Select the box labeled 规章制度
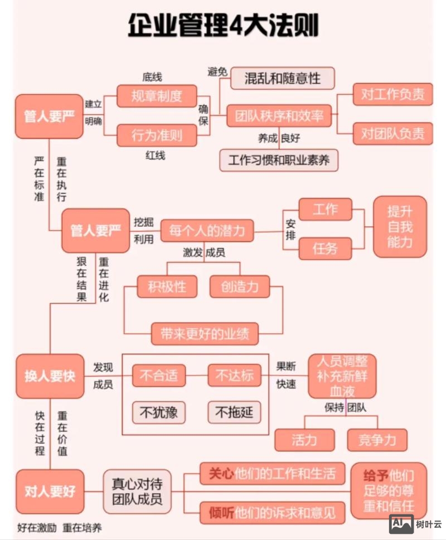pos(157,96)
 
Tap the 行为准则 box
pos(157,135)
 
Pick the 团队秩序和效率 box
pos(279,116)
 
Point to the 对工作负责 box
pos(392,94)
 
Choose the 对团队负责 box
pos(392,134)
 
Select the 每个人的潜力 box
pos(207,231)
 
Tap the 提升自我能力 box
pos(400,226)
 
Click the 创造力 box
pos(239,287)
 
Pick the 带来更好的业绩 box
pos(205,334)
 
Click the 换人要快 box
pos(50,376)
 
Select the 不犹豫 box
pos(158,412)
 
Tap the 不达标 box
pos(234,376)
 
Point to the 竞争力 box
pos(377,440)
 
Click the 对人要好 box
pos(50,492)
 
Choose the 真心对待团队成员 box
pos(137,492)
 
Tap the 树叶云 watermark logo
pos(415,524)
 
